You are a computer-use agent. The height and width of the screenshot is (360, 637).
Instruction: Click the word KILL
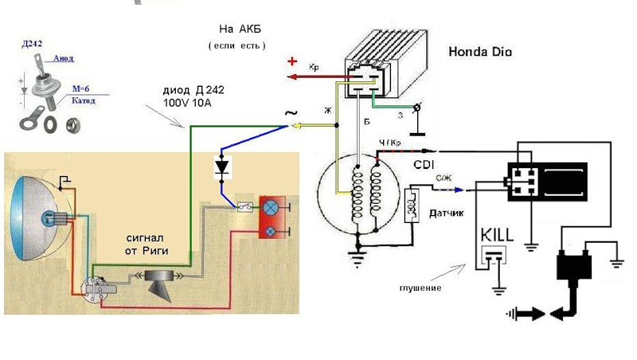coord(496,237)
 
